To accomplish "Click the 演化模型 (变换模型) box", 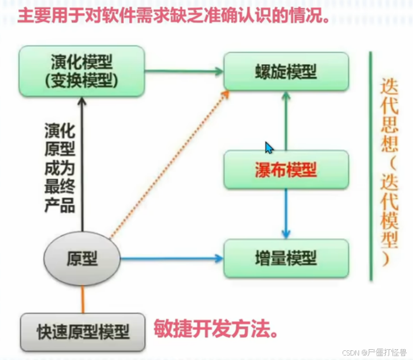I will (x=82, y=71).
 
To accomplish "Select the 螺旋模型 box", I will (x=286, y=72).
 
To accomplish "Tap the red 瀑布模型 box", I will (x=286, y=169).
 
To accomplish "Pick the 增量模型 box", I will (x=286, y=259).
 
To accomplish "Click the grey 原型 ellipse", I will (x=82, y=259).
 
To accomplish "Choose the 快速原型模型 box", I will (x=82, y=331).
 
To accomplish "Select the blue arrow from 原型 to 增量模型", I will (x=170, y=259).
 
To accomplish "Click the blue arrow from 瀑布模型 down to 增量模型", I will (x=286, y=213).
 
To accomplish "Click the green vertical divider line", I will (x=370, y=165).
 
